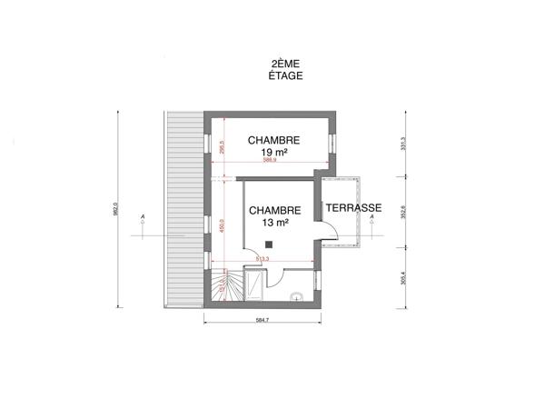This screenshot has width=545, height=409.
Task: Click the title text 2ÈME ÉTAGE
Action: click(287, 70)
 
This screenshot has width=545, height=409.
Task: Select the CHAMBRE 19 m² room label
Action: click(274, 146)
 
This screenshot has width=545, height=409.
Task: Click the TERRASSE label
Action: click(353, 208)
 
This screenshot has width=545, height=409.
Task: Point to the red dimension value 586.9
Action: click(269, 160)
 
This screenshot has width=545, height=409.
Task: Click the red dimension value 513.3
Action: click(262, 260)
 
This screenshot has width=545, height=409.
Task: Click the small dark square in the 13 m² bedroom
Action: click(270, 242)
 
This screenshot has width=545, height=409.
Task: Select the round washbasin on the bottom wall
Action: click(296, 297)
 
